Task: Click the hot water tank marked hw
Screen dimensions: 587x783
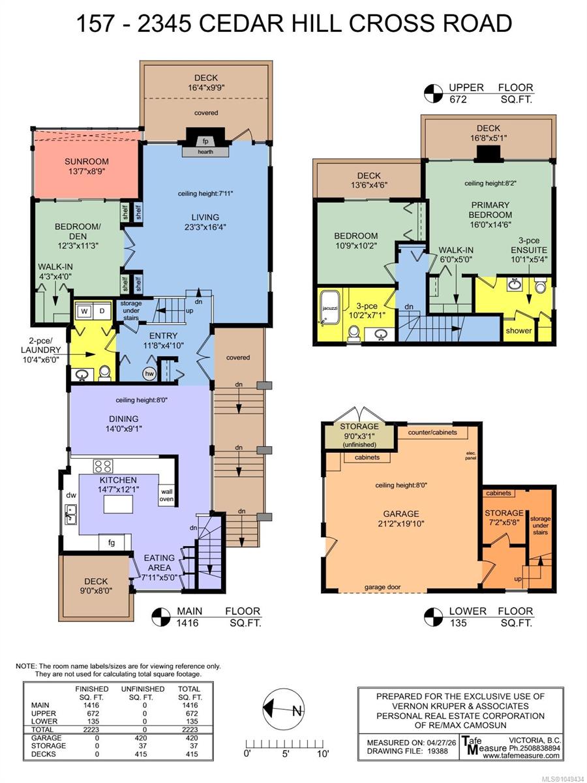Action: [150, 373]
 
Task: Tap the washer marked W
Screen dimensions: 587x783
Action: [84, 311]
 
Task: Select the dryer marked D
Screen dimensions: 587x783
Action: [102, 311]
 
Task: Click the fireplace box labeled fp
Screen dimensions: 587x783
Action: [205, 140]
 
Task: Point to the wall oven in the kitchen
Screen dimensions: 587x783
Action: [166, 495]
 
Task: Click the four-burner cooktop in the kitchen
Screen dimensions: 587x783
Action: [103, 466]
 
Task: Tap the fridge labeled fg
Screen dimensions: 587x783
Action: [112, 542]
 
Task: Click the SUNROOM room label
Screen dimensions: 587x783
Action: [87, 162]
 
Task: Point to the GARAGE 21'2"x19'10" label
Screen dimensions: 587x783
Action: [401, 519]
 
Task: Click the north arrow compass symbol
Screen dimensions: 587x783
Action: [283, 709]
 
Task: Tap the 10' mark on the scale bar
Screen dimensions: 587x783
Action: [323, 754]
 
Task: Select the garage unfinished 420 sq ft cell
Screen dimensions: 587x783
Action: [142, 738]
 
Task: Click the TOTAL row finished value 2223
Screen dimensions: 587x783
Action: [91, 729]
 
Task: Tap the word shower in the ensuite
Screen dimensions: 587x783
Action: [519, 330]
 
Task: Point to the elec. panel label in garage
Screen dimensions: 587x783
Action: [470, 456]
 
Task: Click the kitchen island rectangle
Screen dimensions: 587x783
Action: [118, 504]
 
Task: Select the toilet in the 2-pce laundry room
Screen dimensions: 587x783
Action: [104, 373]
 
